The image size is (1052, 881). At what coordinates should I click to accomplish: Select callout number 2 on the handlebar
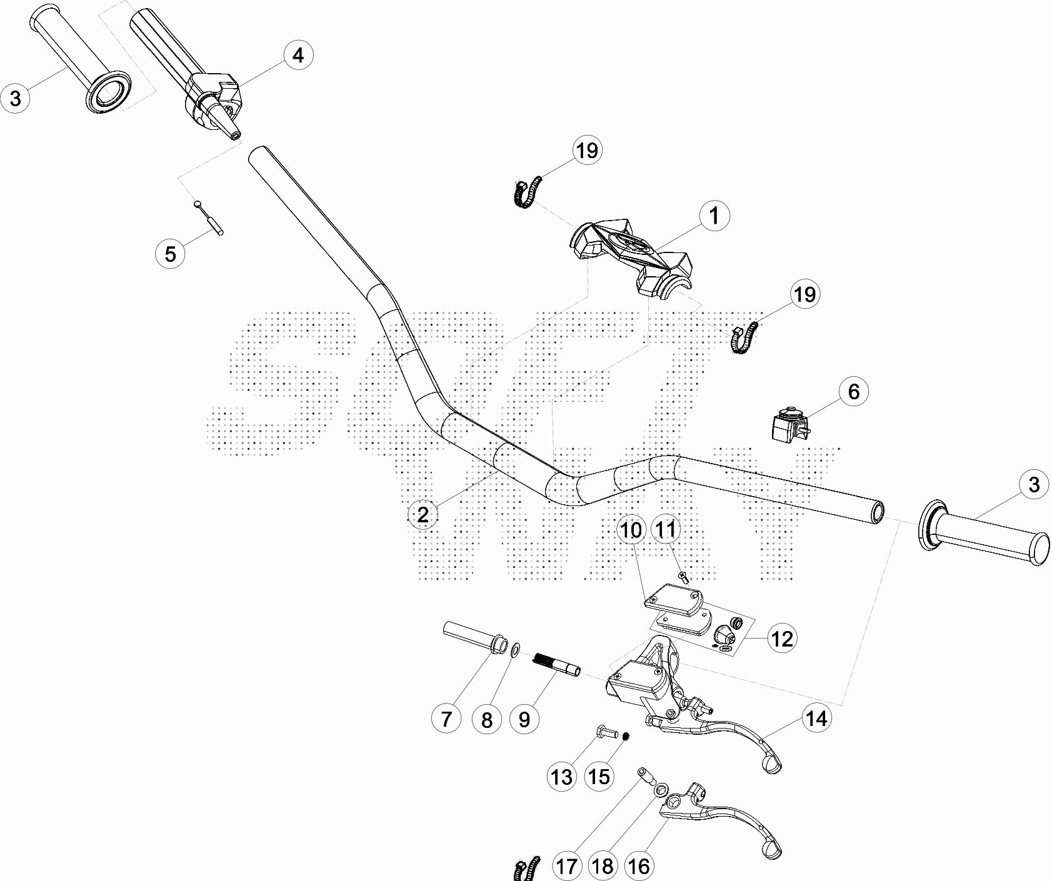pyautogui.click(x=423, y=514)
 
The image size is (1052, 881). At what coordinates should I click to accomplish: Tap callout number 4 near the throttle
pyautogui.click(x=298, y=55)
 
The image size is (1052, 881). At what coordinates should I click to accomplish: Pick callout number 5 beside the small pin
pyautogui.click(x=170, y=254)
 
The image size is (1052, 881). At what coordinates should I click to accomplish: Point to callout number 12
pyautogui.click(x=782, y=639)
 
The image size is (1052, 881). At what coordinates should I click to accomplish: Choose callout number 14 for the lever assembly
pyautogui.click(x=816, y=719)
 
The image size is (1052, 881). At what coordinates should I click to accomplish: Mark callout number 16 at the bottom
pyautogui.click(x=638, y=866)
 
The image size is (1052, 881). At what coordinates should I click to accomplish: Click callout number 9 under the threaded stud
pyautogui.click(x=524, y=719)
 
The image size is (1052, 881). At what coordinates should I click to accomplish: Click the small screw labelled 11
pyautogui.click(x=683, y=577)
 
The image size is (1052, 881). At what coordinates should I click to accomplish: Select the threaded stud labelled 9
pyautogui.click(x=557, y=664)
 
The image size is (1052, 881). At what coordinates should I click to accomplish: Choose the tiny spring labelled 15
pyautogui.click(x=625, y=739)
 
